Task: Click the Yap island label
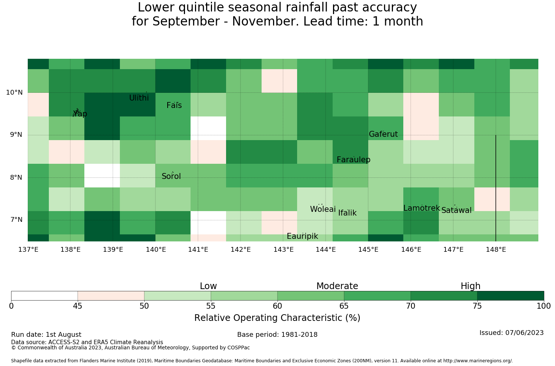click(80, 113)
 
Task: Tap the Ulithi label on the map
click(139, 98)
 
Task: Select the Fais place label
click(174, 105)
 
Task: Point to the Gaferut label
click(383, 134)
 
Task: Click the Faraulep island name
click(354, 159)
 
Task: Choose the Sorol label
click(171, 176)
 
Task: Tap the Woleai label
click(323, 209)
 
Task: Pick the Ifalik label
click(347, 213)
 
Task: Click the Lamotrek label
click(422, 208)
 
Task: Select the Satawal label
click(456, 210)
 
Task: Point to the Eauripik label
click(302, 236)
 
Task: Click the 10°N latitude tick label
click(14, 92)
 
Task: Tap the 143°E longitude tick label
click(283, 250)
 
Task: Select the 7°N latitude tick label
click(16, 220)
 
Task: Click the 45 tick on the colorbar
click(78, 306)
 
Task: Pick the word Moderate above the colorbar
click(337, 286)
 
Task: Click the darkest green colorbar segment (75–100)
click(510, 296)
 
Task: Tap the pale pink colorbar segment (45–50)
click(111, 296)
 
